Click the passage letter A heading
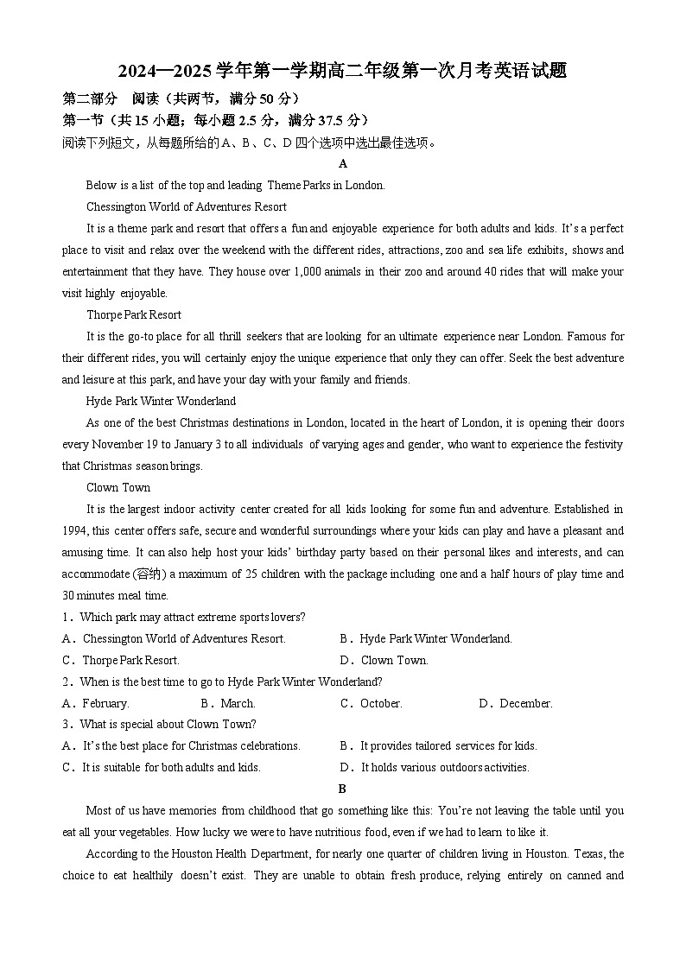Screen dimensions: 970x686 click(343, 163)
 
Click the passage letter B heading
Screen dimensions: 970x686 click(342, 789)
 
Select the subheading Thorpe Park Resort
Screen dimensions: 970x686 click(134, 314)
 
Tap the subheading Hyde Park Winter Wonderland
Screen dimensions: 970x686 click(161, 401)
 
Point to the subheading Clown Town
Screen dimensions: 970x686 click(118, 487)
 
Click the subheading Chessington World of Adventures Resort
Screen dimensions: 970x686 click(187, 206)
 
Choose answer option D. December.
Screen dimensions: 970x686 click(516, 703)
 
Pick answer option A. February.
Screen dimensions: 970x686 click(96, 703)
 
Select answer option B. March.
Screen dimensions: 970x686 click(228, 703)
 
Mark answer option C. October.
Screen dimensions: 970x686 click(372, 703)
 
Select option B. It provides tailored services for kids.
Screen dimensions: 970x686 click(439, 745)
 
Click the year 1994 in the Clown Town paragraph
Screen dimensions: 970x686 click(74, 530)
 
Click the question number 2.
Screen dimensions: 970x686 click(66, 682)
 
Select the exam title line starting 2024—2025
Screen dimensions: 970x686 click(343, 71)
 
